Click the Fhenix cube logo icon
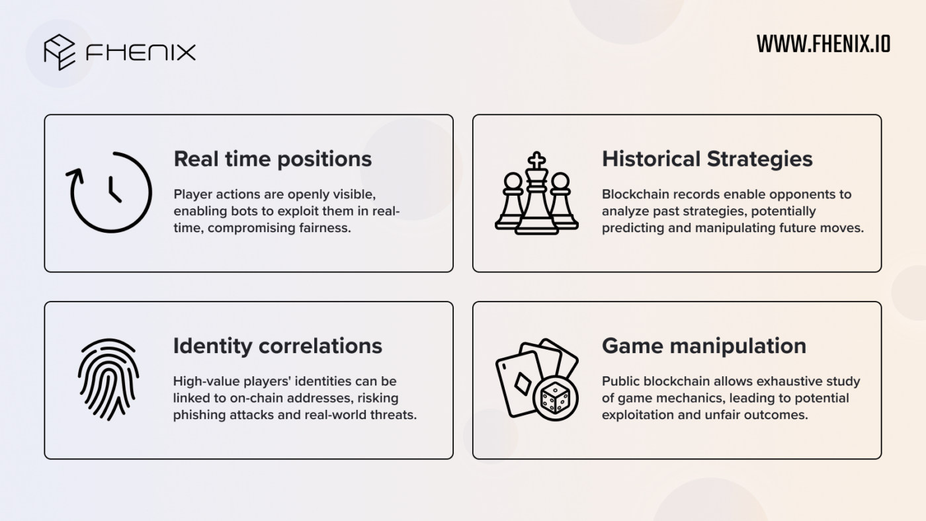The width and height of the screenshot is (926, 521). [x=60, y=52]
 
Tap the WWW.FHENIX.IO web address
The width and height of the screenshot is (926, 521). [x=823, y=44]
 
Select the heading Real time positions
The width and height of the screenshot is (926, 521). [x=273, y=159]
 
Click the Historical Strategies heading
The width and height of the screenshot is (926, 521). [x=707, y=159]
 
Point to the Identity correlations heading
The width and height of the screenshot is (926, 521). [x=277, y=346]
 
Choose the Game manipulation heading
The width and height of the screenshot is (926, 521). [x=704, y=346]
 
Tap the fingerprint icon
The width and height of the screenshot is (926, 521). [x=108, y=380]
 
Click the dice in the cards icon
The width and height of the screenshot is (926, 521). [x=555, y=398]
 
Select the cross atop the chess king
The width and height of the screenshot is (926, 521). [x=536, y=160]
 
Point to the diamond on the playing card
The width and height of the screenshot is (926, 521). [x=523, y=384]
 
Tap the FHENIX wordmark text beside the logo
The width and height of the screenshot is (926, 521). [x=140, y=52]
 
